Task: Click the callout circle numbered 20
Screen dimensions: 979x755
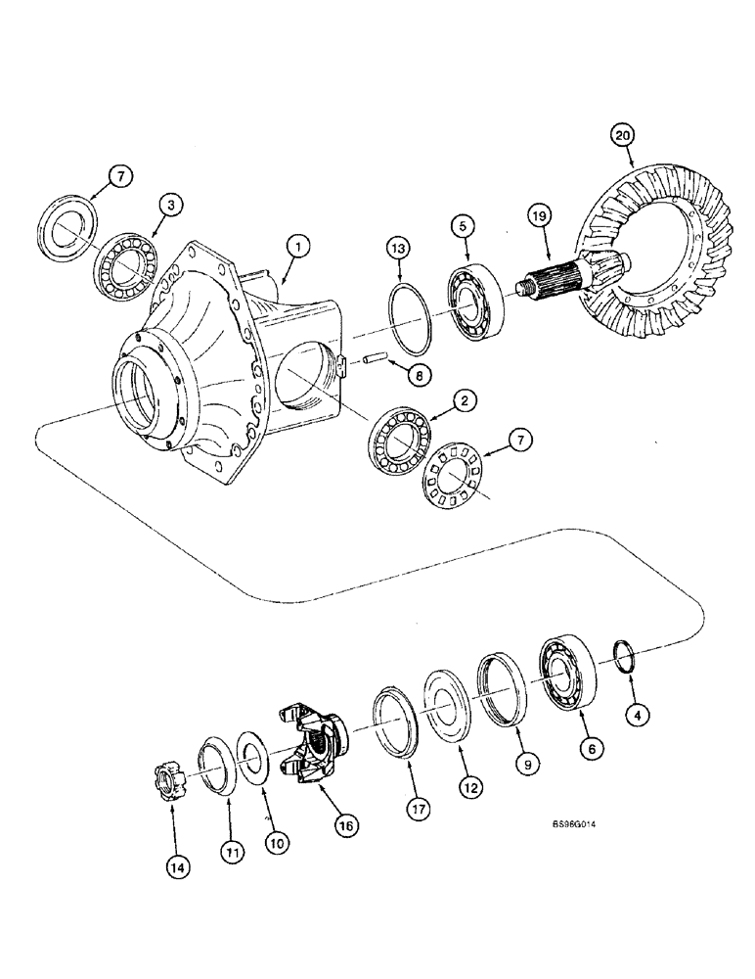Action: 623,133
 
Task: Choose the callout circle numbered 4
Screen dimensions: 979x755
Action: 637,716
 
